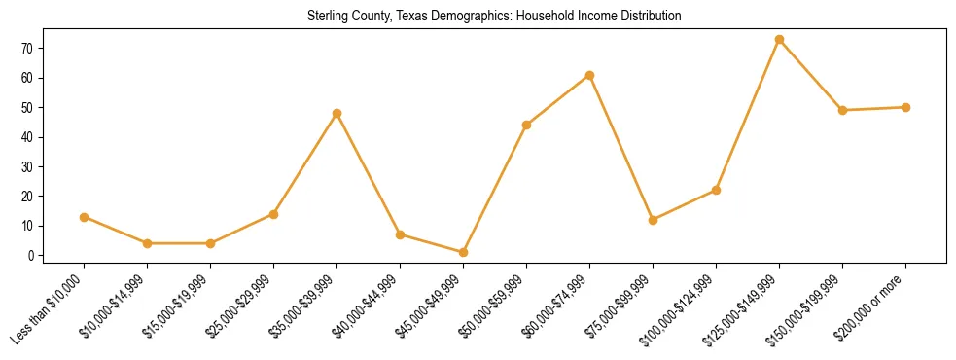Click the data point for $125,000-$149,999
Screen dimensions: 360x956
[x=779, y=40]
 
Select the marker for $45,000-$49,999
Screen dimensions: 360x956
[x=463, y=252]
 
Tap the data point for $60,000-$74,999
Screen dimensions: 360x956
[x=589, y=75]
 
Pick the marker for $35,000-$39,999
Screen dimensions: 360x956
[x=336, y=114]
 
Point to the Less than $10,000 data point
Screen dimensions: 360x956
[x=84, y=217]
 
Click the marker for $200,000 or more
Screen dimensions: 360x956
[x=905, y=107]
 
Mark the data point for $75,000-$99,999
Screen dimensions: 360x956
[x=653, y=220]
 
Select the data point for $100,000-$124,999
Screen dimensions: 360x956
[x=716, y=190]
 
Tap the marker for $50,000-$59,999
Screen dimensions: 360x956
[x=526, y=126]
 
